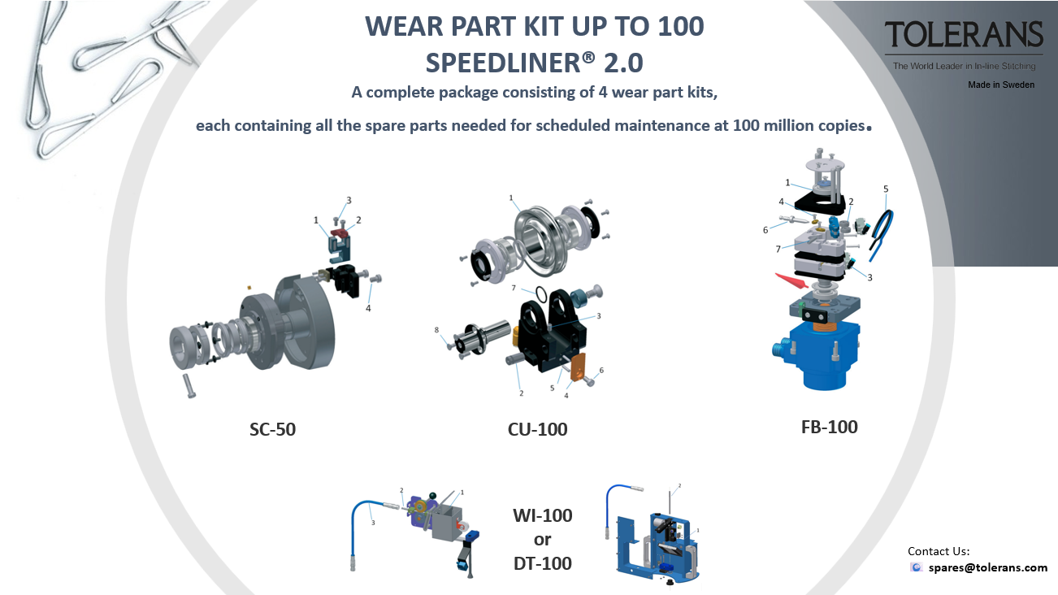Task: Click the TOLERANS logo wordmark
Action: (x=964, y=34)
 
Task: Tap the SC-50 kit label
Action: (x=272, y=429)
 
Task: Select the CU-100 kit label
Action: (x=537, y=429)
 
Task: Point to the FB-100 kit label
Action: (x=830, y=427)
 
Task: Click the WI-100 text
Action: (x=543, y=515)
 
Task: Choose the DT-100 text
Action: (x=543, y=563)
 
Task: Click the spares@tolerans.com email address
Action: (x=988, y=567)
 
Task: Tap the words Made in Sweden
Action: (x=1001, y=85)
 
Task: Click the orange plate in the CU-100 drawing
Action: (x=578, y=367)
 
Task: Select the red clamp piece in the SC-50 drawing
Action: (x=339, y=232)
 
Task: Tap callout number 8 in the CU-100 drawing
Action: (x=436, y=330)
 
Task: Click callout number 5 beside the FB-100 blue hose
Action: (x=886, y=189)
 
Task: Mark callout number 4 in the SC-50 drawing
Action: (x=368, y=308)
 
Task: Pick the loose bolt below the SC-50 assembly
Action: (x=189, y=385)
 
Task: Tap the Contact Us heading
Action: (x=939, y=551)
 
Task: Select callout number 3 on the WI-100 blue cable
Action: (x=373, y=523)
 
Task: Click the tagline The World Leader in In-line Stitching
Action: (x=964, y=66)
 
